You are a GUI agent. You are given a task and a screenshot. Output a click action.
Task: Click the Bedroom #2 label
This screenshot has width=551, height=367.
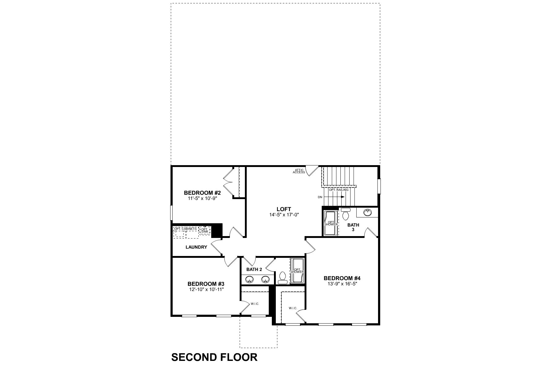pos(202,193)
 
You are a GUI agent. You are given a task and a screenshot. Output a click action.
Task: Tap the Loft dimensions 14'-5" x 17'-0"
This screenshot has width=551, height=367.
pos(284,215)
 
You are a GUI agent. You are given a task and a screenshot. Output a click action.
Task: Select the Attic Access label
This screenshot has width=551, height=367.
pos(299,171)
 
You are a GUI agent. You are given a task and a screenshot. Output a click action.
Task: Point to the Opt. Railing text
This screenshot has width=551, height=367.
pos(339,190)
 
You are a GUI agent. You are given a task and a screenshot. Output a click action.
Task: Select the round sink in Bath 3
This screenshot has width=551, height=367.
pos(367,212)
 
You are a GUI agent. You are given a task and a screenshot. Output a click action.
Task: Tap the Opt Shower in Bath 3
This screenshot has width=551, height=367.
pos(331,223)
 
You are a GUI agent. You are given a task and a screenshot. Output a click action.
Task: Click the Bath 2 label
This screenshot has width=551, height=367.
pos(254,270)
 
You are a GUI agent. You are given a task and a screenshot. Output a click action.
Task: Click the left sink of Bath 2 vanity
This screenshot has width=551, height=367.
pos(250,279)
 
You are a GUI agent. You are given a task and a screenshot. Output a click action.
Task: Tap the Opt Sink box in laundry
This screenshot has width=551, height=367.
pos(204,230)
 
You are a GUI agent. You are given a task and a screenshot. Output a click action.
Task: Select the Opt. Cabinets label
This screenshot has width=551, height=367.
pos(186,229)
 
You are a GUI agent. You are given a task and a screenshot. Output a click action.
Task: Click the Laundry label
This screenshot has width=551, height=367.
pos(196,247)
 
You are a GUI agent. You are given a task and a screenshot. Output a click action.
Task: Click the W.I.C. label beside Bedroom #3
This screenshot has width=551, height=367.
pos(255,304)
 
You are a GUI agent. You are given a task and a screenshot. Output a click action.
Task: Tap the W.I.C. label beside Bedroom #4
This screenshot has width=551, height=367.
pos(293,308)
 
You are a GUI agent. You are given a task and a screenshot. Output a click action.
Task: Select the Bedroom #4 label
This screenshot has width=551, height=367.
pos(342,278)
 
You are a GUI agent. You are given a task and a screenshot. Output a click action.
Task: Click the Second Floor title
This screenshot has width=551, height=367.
pos(214,357)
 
